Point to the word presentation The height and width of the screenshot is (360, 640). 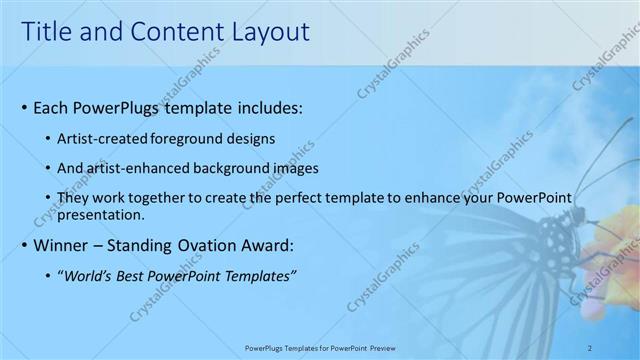102,214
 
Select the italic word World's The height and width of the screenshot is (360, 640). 88,275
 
